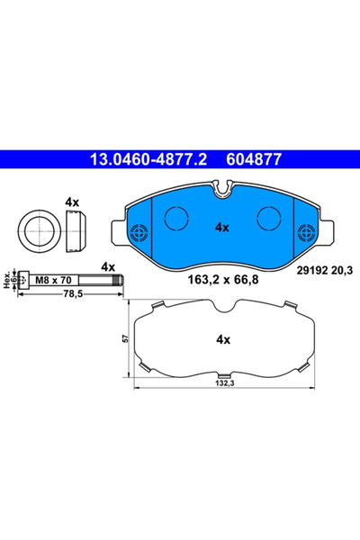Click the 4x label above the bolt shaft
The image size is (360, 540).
coord(108,266)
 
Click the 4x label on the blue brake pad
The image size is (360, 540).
coord(222,228)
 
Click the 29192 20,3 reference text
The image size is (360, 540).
coord(323,267)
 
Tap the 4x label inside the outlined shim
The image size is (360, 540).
coord(222,340)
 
